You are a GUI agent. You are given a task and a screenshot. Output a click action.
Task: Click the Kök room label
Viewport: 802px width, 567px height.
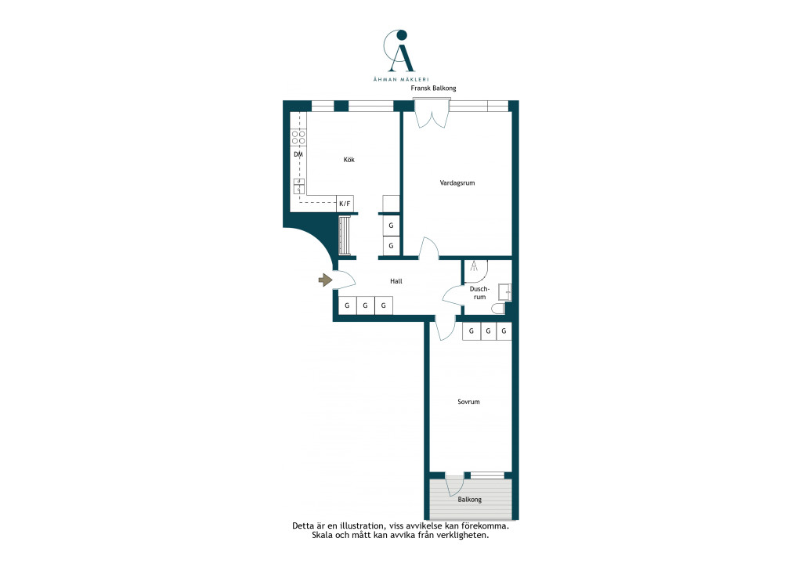click(x=349, y=160)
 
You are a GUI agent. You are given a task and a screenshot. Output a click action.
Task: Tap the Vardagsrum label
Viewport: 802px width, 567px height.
click(x=457, y=182)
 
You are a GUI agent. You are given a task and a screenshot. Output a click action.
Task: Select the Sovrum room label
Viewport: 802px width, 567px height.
click(x=468, y=402)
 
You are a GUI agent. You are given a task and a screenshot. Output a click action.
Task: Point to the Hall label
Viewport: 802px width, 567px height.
click(x=396, y=281)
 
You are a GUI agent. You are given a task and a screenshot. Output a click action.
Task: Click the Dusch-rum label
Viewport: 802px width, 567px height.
click(x=479, y=293)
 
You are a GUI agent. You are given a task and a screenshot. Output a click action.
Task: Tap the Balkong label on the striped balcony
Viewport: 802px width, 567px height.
click(x=470, y=500)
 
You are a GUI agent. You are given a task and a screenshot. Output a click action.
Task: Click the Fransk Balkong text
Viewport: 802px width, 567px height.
click(x=433, y=88)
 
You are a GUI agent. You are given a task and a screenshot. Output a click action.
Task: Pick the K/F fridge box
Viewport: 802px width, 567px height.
click(x=345, y=204)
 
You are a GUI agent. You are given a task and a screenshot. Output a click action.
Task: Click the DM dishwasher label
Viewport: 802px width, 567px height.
click(x=298, y=154)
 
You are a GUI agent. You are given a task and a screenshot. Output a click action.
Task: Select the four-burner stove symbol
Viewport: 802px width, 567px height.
click(x=298, y=137)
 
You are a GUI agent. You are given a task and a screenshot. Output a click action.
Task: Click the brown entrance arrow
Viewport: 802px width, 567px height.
click(x=325, y=280)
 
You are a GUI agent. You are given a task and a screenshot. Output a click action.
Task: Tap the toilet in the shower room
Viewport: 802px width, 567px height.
click(x=497, y=309)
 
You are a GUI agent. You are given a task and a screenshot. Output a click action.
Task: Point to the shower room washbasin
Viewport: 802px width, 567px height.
click(x=505, y=291)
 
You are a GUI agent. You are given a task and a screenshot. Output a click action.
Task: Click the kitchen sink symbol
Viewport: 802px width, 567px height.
click(x=298, y=186)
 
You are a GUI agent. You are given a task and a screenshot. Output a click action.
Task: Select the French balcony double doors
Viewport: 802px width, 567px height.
click(x=432, y=114)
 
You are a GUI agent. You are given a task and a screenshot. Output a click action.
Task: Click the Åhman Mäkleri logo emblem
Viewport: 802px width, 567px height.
click(x=400, y=51)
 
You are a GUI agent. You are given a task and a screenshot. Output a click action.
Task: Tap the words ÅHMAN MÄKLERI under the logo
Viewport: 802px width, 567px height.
click(x=400, y=79)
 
